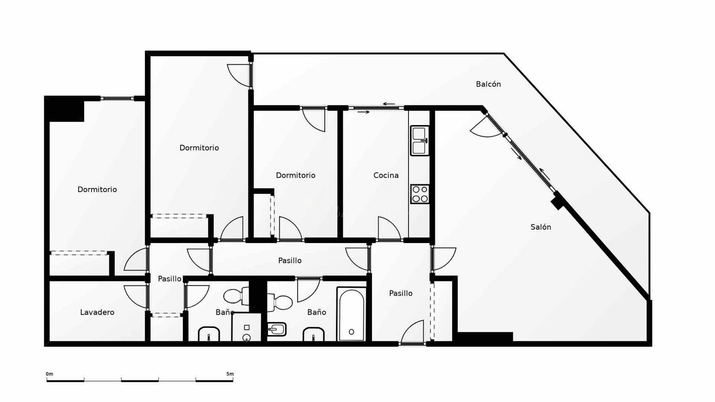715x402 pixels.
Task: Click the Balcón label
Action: pos(488,84)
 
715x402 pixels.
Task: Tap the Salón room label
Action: pos(541,227)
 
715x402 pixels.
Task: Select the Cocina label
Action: pos(386,175)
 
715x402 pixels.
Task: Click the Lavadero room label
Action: pos(97,312)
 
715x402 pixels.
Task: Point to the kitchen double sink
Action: pos(420,141)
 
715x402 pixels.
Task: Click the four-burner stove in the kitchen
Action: pos(420,194)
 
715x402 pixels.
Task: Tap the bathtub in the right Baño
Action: pos(351,314)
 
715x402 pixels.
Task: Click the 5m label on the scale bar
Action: pos(230,374)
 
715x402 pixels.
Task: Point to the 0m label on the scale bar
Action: pos(50,374)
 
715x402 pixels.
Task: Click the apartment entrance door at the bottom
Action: pos(412,333)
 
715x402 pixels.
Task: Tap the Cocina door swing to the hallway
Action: pos(389,228)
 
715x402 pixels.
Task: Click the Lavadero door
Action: pos(136,297)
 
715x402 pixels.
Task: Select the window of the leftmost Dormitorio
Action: pos(117,98)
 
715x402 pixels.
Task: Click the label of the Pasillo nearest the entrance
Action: pos(400,293)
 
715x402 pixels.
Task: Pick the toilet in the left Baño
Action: pos(236,296)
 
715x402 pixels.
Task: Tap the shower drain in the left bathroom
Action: pos(246,337)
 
